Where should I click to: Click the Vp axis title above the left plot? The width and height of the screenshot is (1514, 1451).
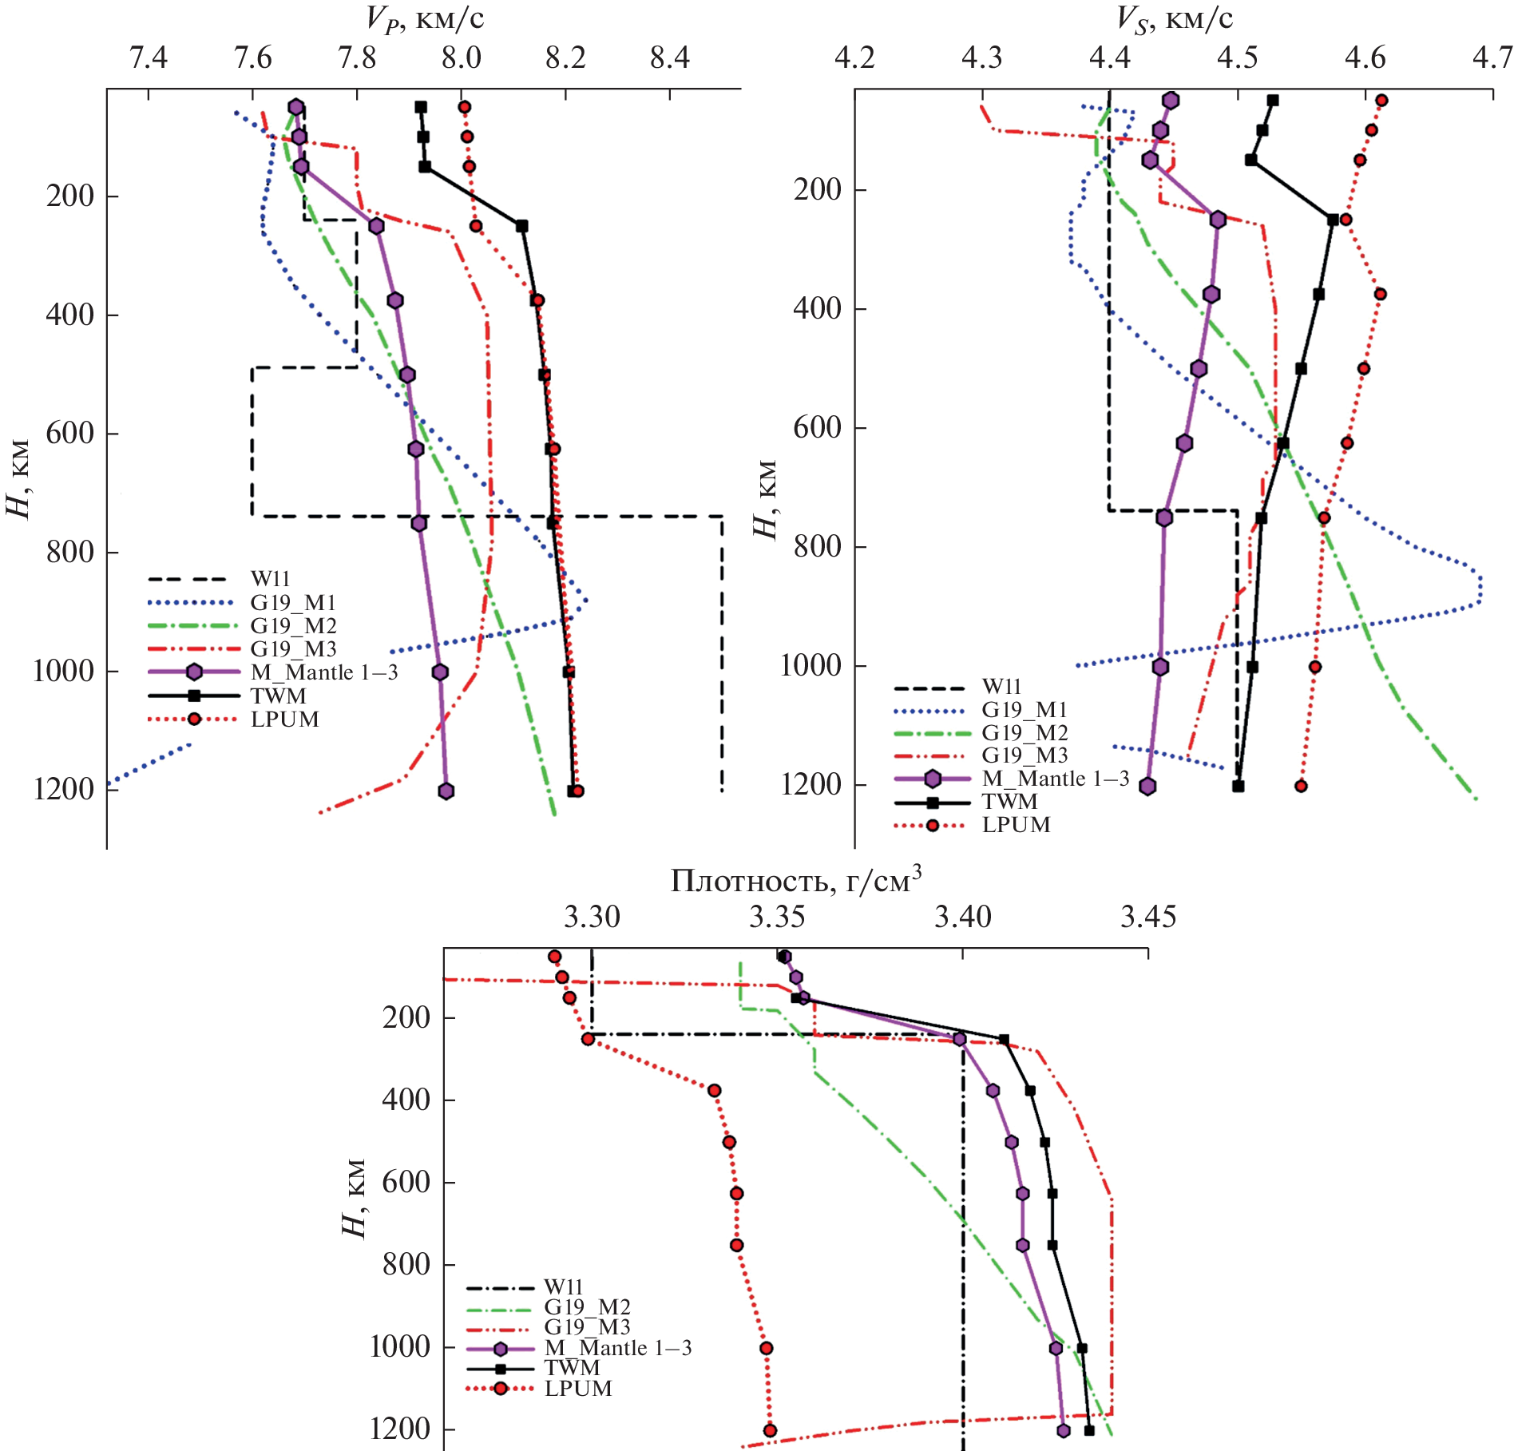tap(424, 18)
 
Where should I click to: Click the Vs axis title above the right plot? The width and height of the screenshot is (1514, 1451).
tap(1173, 18)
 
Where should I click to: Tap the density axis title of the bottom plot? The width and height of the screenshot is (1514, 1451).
tap(795, 880)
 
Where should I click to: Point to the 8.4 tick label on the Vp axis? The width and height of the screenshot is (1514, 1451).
tap(669, 58)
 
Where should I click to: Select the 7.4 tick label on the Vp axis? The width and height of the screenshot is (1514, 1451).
tap(149, 58)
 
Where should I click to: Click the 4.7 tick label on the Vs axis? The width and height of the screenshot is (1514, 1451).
tap(1492, 58)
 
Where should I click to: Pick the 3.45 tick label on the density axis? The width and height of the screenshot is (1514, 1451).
tap(1147, 918)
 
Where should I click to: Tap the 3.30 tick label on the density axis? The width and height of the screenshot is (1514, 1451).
tap(592, 918)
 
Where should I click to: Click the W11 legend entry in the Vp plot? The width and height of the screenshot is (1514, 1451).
tap(270, 579)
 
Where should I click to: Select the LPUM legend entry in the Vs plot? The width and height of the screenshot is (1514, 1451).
tap(1016, 825)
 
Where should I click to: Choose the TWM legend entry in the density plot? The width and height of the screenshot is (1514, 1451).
tap(572, 1368)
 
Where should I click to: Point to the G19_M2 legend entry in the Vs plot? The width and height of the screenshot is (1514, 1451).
tap(1025, 732)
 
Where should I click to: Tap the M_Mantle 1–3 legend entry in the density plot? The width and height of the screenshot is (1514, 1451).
tap(617, 1348)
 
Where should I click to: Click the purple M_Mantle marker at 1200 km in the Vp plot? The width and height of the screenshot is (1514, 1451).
tap(446, 791)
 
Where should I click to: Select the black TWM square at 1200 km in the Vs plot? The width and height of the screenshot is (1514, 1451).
tap(1238, 786)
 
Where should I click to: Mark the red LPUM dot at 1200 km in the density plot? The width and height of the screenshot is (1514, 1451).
tap(770, 1430)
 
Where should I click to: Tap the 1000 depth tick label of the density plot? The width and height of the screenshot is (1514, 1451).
tap(400, 1347)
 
